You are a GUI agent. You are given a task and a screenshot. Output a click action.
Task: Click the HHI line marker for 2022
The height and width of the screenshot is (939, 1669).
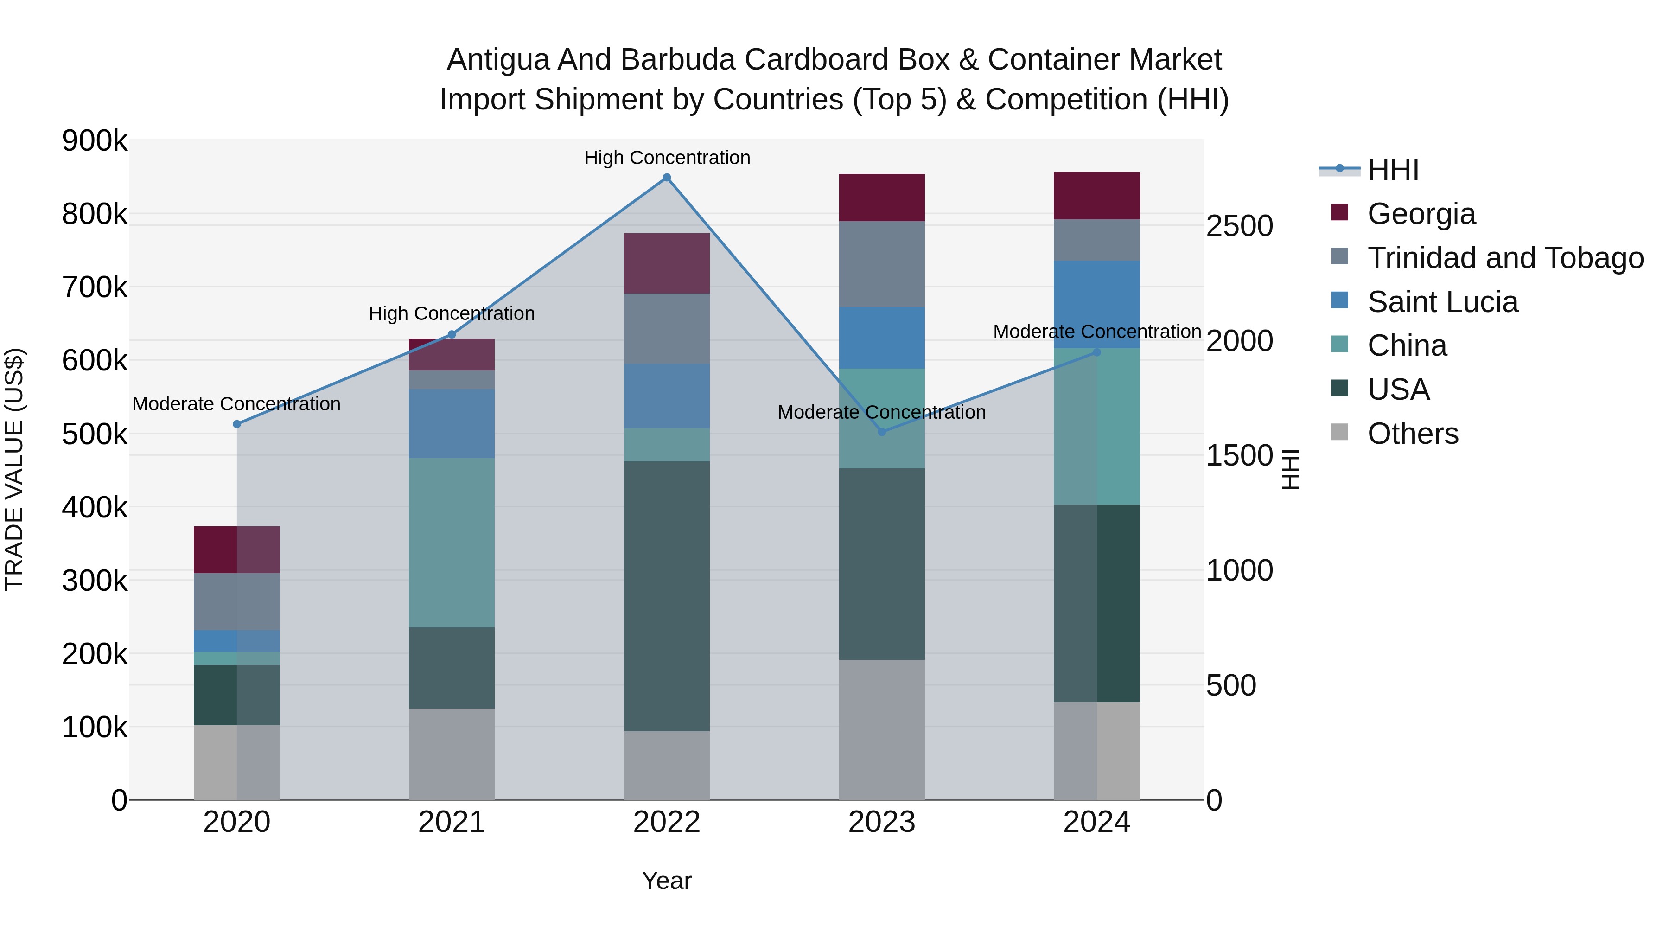pos(667,178)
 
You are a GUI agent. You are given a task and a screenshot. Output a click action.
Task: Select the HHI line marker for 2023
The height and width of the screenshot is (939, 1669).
pos(882,432)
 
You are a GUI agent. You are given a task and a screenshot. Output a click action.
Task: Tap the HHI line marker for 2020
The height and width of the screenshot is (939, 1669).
pos(236,424)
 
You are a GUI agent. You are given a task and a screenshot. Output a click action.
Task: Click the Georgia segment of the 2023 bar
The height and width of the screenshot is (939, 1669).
pos(882,198)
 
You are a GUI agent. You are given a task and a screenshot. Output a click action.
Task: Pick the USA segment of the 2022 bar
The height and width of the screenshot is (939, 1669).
pos(667,596)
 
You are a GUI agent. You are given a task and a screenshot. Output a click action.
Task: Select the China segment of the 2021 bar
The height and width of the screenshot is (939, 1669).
pos(452,543)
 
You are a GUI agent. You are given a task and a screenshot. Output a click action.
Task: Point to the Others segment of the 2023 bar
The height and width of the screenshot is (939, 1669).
pos(882,730)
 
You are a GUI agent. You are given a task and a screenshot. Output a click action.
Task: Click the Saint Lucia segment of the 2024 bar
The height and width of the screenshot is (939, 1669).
pos(1097,305)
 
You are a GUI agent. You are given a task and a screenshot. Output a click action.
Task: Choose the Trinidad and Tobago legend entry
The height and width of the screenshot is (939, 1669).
pos(1505,258)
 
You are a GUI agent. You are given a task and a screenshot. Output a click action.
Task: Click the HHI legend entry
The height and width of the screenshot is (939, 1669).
pos(1393,170)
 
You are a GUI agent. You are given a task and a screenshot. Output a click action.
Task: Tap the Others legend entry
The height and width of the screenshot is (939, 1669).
pos(1413,434)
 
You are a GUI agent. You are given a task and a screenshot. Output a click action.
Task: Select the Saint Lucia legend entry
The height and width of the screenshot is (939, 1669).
pos(1442,302)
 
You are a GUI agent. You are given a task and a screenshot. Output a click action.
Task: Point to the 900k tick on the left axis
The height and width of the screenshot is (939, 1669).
pos(95,141)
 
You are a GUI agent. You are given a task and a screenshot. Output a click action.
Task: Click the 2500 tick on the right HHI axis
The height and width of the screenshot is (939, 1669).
pos(1239,226)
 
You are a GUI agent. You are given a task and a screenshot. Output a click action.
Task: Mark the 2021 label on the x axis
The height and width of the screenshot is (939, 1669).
pos(452,822)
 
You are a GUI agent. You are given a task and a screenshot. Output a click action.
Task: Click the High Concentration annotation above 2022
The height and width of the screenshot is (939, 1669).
pos(667,158)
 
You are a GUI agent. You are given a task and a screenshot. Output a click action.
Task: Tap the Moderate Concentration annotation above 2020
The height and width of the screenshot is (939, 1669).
pos(236,404)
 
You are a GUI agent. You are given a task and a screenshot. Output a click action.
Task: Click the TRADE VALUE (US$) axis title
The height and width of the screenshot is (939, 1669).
pos(14,469)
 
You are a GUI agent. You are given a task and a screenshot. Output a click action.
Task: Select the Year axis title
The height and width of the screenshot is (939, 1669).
pos(667,881)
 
